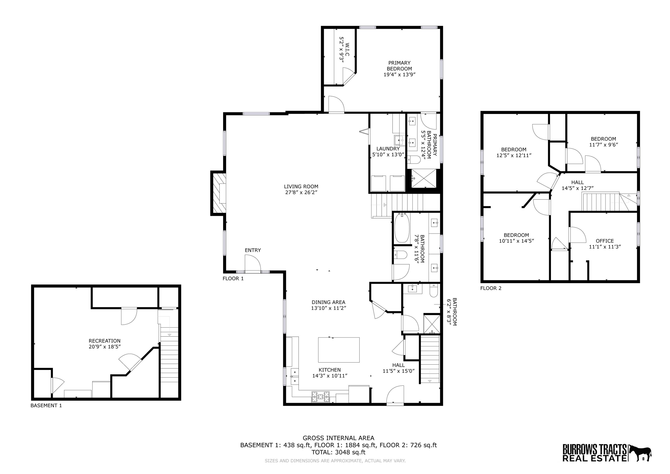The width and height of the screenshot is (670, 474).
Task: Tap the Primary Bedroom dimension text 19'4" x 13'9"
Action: pyautogui.click(x=399, y=74)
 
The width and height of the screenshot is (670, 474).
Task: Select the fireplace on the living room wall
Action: pyautogui.click(x=219, y=193)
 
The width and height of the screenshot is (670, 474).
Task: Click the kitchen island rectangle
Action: pyautogui.click(x=338, y=350)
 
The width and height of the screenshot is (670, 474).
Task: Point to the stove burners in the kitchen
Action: pyautogui.click(x=320, y=397)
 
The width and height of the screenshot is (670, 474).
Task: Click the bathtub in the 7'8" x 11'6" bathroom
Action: pyautogui.click(x=402, y=228)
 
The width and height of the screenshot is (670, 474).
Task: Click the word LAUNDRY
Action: pyautogui.click(x=388, y=149)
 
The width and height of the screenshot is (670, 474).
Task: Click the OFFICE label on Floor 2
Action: pyautogui.click(x=605, y=241)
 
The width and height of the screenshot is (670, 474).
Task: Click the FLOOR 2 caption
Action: pyautogui.click(x=491, y=288)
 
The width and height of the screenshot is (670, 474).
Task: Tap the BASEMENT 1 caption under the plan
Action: pyautogui.click(x=46, y=405)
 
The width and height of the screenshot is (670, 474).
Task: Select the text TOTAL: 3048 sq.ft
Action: pyautogui.click(x=338, y=452)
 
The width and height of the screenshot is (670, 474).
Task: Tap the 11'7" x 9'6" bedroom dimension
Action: pyautogui.click(x=603, y=144)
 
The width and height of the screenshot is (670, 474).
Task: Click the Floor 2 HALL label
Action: pyautogui.click(x=578, y=182)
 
